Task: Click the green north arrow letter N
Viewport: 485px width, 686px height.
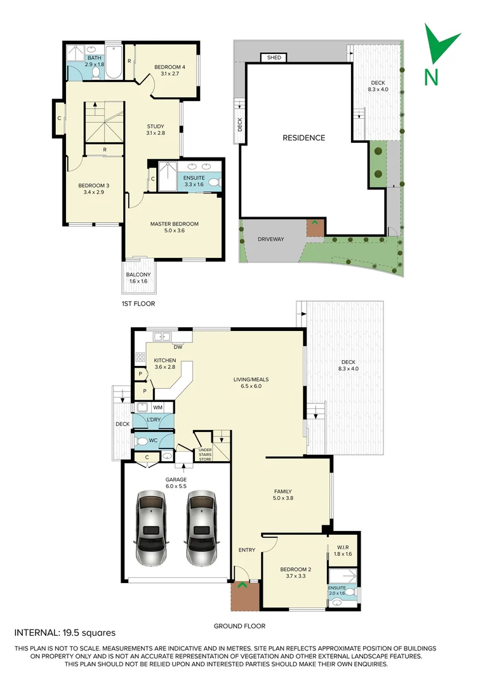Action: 431,76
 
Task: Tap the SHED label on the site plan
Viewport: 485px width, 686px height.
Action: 274,58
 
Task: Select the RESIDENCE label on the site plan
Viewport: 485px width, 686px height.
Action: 303,138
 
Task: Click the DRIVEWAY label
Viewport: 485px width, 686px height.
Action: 270,239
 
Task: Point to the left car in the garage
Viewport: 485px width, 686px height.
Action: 150,527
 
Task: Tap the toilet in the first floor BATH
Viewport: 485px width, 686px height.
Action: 96,73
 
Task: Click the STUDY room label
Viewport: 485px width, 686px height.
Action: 156,129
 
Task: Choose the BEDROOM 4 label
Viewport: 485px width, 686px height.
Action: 169,70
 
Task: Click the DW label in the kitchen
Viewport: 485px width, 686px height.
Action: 178,346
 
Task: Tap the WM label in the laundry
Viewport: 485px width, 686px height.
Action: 157,407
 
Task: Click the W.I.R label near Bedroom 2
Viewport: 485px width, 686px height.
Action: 342,550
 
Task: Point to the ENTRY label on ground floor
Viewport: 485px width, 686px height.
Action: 247,549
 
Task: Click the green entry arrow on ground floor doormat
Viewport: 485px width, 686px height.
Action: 241,585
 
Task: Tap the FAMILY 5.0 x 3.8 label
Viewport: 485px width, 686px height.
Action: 283,495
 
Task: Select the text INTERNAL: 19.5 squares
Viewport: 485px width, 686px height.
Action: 65,633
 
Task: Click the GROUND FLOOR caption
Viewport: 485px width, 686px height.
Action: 239,626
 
